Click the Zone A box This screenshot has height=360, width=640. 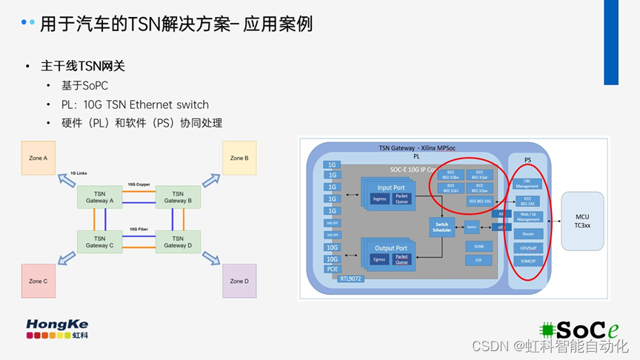[39, 158]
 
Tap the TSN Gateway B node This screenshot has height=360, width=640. [178, 197]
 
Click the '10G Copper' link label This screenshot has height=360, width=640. [140, 183]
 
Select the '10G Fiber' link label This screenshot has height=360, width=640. [140, 229]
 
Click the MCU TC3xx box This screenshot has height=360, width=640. [581, 221]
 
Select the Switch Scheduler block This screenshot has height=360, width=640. [441, 227]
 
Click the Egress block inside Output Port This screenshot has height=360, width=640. [381, 260]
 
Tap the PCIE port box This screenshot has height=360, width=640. [332, 269]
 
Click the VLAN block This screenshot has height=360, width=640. [478, 246]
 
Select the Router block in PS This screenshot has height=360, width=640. [527, 233]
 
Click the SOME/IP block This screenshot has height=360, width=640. [527, 261]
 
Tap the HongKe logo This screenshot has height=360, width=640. [57, 329]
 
